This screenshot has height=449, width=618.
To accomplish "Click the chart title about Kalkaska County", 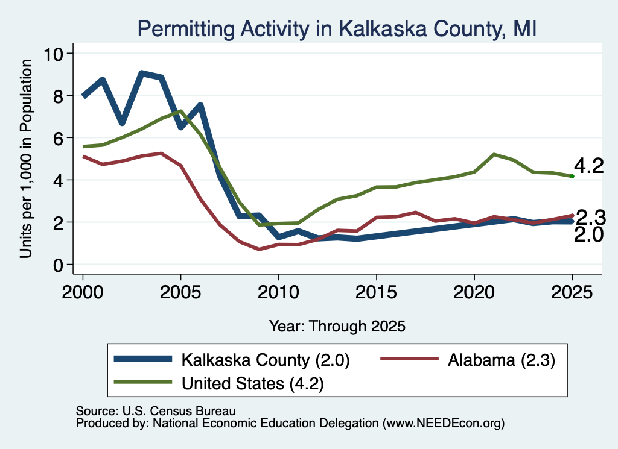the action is coord(337,29).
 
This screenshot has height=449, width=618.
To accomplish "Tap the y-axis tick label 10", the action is coord(53,54).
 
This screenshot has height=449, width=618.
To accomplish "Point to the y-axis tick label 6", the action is coord(58,138).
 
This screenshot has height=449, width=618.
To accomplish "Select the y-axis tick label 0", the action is coord(58,265).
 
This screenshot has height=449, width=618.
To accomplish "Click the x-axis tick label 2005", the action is coord(180,292).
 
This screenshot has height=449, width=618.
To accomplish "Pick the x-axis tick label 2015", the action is coord(377,292).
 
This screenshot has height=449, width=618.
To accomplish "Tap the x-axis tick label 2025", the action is coord(572,292).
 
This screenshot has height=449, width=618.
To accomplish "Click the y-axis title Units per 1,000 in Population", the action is coord(25,159).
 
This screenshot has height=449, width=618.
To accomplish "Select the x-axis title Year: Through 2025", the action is coord(337,326).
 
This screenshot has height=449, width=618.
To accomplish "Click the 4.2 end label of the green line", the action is coord(589,166).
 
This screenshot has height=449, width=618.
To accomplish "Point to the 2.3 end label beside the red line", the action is coord(591,217).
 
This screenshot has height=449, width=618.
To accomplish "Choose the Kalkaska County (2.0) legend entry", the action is coord(232,360).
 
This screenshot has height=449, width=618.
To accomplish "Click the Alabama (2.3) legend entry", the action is coord(468,360).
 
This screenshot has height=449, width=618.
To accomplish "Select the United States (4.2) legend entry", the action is coord(218,383).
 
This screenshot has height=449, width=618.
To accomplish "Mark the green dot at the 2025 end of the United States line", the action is coord(572,177).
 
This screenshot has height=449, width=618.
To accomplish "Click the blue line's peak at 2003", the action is coord(142,74).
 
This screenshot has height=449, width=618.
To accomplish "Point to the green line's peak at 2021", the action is coord(494,154).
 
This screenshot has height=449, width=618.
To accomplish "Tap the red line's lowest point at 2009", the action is coord(259,249).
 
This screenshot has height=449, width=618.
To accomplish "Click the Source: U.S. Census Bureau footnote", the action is coord(156,411).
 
